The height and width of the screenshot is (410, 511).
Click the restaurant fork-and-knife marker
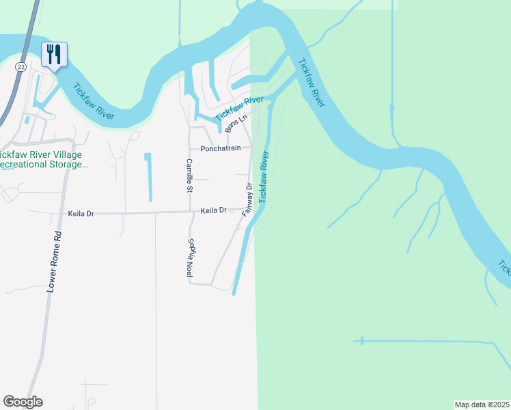(54, 54)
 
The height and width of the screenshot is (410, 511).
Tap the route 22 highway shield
(22, 66)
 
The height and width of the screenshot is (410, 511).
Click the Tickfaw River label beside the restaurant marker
(94, 102)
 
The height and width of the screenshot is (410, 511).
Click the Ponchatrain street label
(220, 148)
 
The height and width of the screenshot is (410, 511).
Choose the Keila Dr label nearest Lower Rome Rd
(81, 214)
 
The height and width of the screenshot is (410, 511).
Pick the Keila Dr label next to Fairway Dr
(213, 211)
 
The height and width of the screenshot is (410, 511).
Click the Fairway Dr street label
(248, 200)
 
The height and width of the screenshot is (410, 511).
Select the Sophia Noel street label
(191, 256)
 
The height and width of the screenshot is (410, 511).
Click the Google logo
(23, 402)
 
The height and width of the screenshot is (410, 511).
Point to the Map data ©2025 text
(482, 405)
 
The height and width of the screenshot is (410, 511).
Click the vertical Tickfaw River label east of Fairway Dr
(264, 176)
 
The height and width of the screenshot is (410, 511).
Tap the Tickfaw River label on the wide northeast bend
(311, 83)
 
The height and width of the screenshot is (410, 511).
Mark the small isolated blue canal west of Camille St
(148, 176)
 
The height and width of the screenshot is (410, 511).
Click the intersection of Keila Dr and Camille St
(189, 213)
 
